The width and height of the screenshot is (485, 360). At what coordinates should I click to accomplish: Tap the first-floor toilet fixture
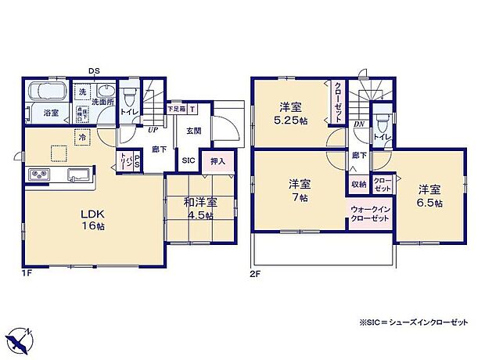point(131,99)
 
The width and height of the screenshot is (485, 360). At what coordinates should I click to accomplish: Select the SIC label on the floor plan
point(189,160)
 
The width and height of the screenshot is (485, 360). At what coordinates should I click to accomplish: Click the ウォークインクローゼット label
point(371,214)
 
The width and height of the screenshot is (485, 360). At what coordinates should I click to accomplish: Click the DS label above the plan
point(93,71)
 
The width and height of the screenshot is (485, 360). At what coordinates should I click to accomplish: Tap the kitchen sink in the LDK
point(78,174)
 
